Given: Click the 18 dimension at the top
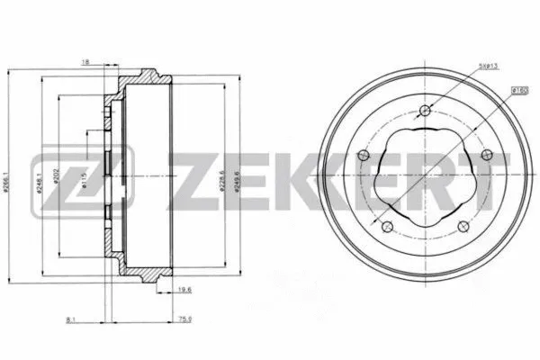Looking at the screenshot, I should click(x=85, y=63).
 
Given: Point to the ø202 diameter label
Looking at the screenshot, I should click(x=56, y=177).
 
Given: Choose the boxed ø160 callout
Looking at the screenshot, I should click(x=519, y=90).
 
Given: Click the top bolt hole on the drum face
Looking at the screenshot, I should click(x=426, y=111).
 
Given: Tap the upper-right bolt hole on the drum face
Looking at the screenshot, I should click(x=487, y=156).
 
